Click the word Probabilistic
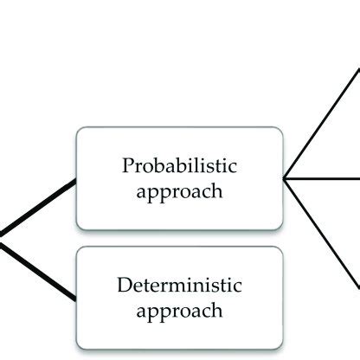[179, 164]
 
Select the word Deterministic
[179, 285]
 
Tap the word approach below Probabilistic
[179, 190]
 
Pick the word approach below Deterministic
[179, 310]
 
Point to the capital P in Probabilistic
[127, 164]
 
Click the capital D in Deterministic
[122, 285]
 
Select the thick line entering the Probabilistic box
[39, 207]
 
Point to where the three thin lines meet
[285, 178]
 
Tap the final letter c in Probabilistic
[234, 165]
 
